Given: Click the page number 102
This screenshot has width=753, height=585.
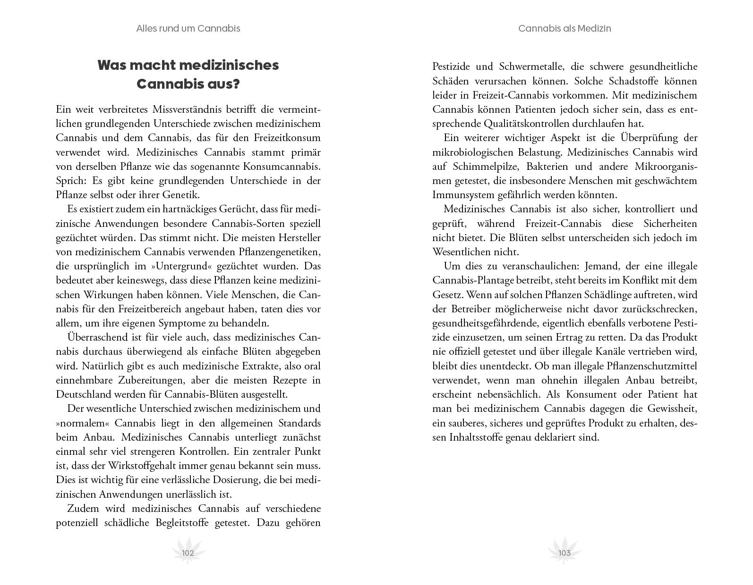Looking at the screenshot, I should pos(188,553).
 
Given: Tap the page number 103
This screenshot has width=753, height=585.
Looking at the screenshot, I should pos(565,553).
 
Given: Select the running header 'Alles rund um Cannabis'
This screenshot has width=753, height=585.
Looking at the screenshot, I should pos(188,28).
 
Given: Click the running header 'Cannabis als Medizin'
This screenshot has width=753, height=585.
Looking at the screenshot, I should pos(565,28).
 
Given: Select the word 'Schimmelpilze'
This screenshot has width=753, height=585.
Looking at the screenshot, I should pos(487,167).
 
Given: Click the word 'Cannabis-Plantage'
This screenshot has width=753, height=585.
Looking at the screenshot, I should pos(471,280).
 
